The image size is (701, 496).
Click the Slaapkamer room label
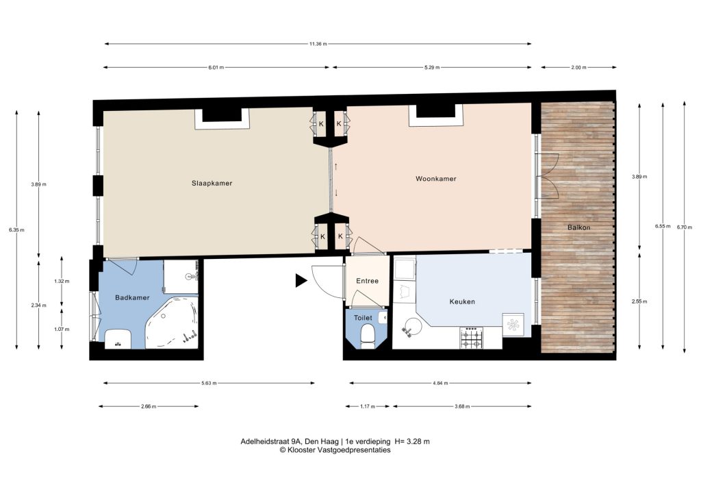(212, 183)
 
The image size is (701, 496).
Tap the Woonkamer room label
(436, 178)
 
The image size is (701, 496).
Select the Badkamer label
(132, 297)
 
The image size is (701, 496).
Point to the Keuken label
(462, 301)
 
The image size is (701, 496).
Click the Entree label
(367, 281)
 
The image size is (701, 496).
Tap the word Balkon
(579, 227)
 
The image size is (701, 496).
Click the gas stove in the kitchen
(472, 338)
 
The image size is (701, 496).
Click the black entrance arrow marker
(301, 281)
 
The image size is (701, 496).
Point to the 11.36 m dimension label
(318, 44)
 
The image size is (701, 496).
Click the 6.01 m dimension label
(216, 68)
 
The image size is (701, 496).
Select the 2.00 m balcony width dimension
(578, 68)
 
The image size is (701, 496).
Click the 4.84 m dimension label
(440, 383)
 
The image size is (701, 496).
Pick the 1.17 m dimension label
(368, 406)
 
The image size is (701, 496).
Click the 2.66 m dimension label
(149, 406)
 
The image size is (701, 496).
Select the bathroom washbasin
(118, 338)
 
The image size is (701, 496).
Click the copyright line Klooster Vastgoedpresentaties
(335, 450)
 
